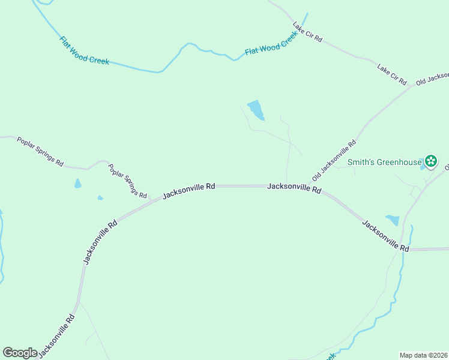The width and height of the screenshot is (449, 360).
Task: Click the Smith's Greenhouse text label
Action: (384, 161)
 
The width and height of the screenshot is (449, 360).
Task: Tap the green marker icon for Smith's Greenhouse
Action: (430, 161)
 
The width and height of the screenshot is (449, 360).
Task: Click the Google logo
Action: (20, 353)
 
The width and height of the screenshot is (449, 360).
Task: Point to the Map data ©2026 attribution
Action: (424, 355)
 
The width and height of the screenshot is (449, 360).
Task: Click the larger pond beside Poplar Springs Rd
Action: (77, 184)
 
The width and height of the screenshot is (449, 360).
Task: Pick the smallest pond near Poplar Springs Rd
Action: (100, 197)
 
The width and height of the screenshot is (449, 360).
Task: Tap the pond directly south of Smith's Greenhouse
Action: (393, 220)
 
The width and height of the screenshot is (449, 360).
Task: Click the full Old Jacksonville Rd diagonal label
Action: (334, 161)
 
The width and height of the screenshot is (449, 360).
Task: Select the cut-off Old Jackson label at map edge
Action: (432, 79)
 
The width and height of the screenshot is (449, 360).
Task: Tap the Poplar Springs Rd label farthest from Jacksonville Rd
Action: (40, 151)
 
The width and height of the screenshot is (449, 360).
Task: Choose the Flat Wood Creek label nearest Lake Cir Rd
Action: (272, 46)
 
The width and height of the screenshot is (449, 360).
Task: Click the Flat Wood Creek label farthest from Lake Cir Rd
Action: (84, 50)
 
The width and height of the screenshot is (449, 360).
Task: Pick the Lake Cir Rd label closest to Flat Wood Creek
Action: (307, 32)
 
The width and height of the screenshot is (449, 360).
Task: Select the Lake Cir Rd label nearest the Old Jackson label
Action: (392, 73)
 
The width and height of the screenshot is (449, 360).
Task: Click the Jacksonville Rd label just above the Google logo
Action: (57, 335)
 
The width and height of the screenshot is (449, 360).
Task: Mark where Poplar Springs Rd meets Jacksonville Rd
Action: (150, 200)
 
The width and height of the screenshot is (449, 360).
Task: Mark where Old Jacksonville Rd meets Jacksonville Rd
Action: (308, 186)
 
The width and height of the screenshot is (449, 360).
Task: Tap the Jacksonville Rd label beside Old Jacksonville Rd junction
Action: (294, 188)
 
